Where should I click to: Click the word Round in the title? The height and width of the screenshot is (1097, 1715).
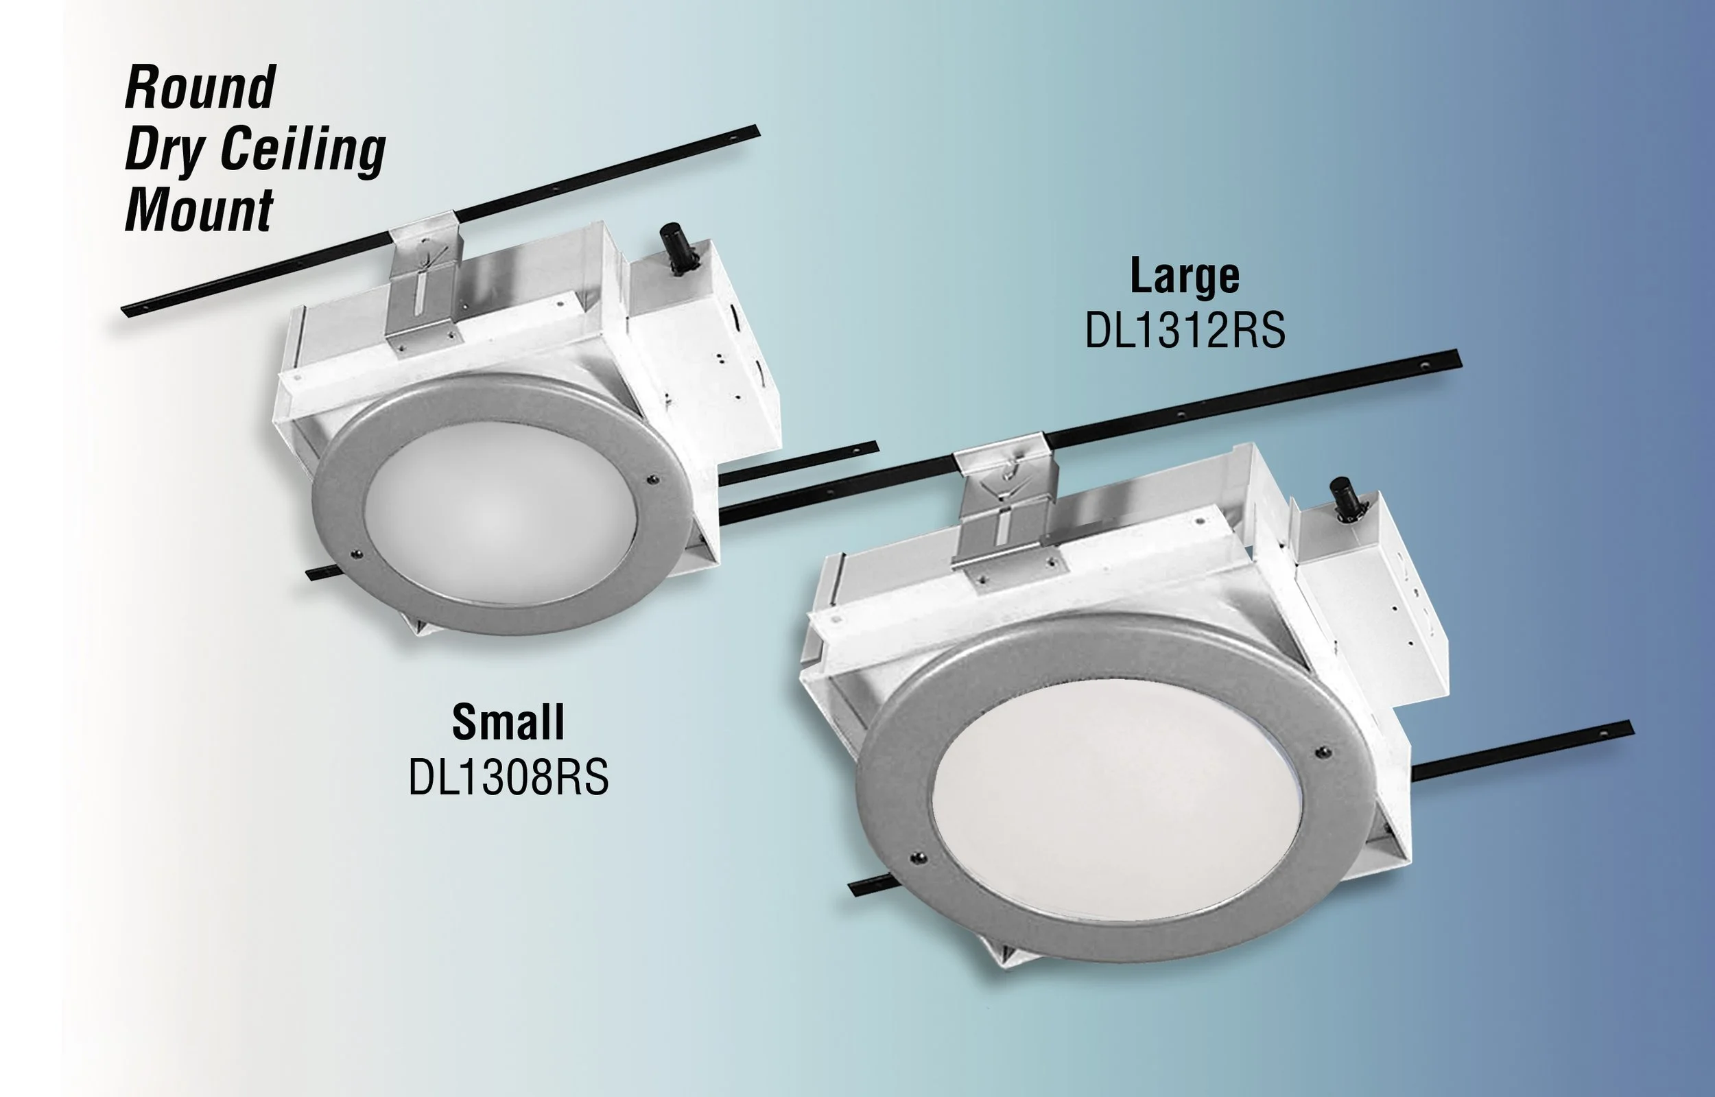pos(201,87)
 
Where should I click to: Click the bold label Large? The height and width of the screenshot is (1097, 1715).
pos(1185,276)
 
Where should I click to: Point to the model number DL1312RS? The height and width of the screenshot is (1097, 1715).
pos(1185,331)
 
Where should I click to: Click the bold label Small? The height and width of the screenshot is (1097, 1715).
pos(508,722)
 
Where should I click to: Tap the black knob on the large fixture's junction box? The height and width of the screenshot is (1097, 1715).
pos(1344,499)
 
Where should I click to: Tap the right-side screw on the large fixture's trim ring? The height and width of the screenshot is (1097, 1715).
pos(1323,751)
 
